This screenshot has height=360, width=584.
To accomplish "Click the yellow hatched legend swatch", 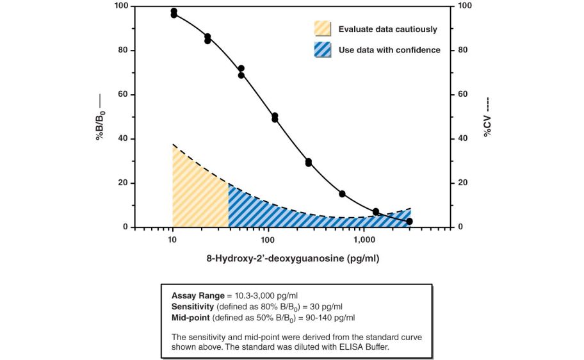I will pos(323,28).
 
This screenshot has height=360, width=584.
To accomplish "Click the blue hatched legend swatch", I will pos(323,49).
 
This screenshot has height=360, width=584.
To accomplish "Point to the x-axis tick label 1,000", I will pos(364,240).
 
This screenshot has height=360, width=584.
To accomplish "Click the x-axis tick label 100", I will pos(268,240).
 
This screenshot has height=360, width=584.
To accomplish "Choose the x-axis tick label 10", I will pos(172,240).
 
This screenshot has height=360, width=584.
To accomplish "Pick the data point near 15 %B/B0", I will pos(342,194).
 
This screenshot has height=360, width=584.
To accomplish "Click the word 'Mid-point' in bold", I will pos(190,317).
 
